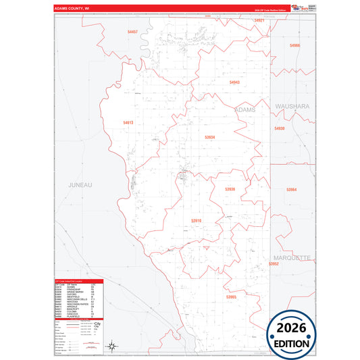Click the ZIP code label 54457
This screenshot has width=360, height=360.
(132, 32)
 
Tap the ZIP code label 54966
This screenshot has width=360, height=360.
(294, 45)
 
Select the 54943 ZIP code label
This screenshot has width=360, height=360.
(234, 82)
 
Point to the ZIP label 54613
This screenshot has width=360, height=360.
(128, 122)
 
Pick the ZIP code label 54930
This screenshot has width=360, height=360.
(280, 128)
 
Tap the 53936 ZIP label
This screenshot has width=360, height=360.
(230, 189)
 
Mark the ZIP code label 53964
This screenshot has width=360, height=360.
(291, 190)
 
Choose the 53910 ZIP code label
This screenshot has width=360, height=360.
(196, 220)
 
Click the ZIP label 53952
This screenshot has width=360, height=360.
(274, 264)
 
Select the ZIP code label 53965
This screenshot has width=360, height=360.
(232, 297)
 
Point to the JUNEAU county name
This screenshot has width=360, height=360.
(80, 184)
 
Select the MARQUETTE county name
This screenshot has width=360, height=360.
(292, 258)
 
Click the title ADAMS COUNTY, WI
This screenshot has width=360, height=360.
(72, 9)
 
